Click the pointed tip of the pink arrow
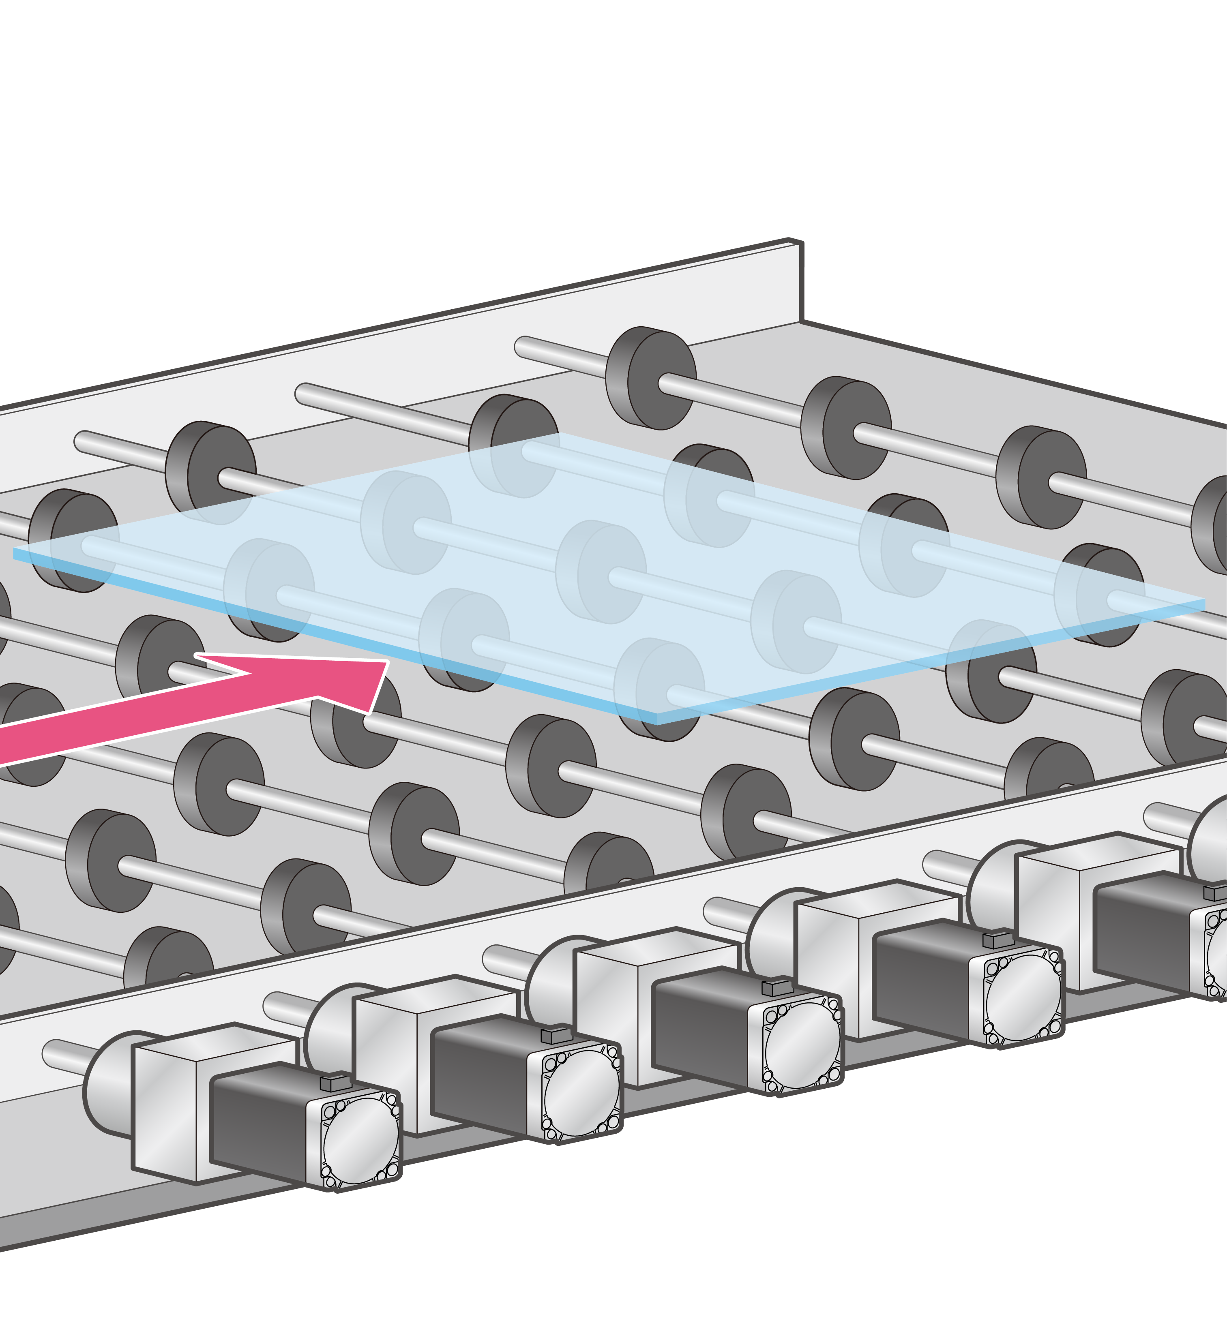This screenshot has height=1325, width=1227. click(x=387, y=662)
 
